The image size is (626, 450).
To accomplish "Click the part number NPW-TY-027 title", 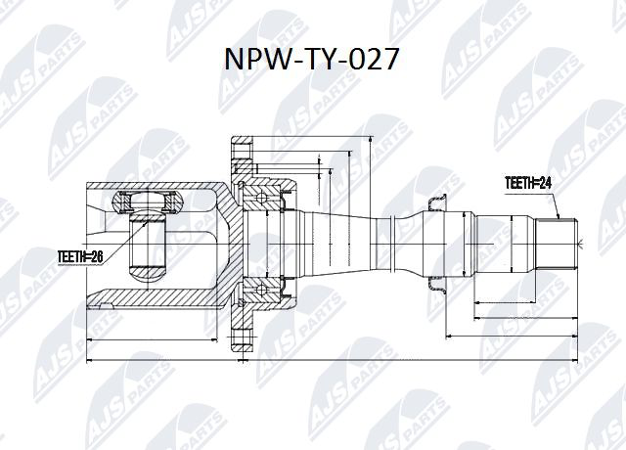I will coord(313,60).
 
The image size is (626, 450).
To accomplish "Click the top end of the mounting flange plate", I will coord(240,147).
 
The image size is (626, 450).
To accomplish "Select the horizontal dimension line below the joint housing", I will coord(152,339).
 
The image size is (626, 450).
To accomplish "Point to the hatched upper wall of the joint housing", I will coord(156,186).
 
